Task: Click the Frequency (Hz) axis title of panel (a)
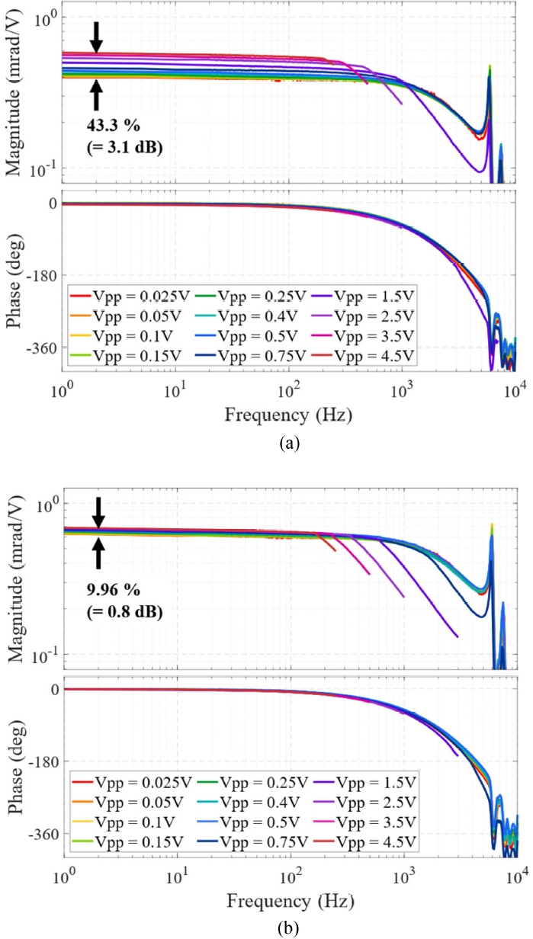pyautogui.click(x=289, y=415)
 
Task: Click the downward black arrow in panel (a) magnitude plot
pyautogui.click(x=96, y=36)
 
